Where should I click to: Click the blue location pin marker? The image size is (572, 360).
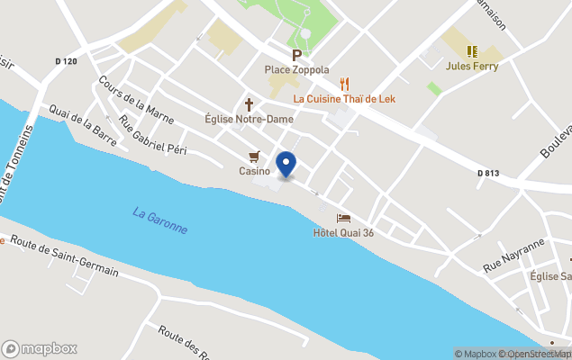coord(286,165)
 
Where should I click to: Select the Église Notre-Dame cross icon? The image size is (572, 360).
coord(250,104)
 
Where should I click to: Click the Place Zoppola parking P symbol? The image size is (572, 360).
coord(295,55)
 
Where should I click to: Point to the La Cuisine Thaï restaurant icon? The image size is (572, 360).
coord(344,84)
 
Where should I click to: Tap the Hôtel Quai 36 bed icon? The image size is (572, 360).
coord(343,218)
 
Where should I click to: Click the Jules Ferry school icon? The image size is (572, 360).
coord(472,51)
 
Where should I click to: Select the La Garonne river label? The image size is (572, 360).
coord(160,220)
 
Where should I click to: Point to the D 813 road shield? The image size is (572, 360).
coord(489,173)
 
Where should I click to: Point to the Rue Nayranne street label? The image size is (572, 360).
coord(513,256)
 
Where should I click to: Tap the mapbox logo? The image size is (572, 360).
coord(40,348)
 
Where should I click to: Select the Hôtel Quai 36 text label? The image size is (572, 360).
coord(343,233)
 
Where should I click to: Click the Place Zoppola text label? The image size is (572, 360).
coord(296,69)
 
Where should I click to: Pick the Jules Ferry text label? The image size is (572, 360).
coord(472,66)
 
